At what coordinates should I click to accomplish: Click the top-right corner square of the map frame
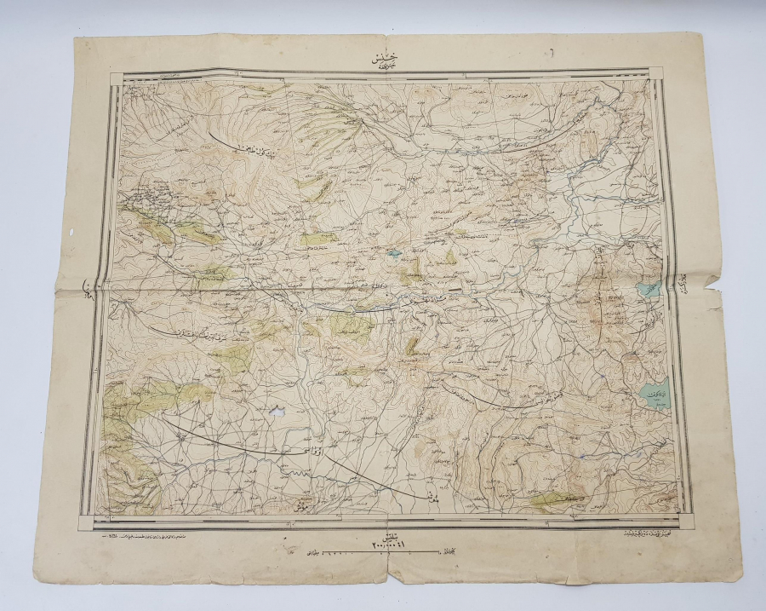657,75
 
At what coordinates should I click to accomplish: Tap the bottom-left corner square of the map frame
89,519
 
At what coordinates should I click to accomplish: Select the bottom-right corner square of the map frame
684,518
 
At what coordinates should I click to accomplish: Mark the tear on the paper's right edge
713,297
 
